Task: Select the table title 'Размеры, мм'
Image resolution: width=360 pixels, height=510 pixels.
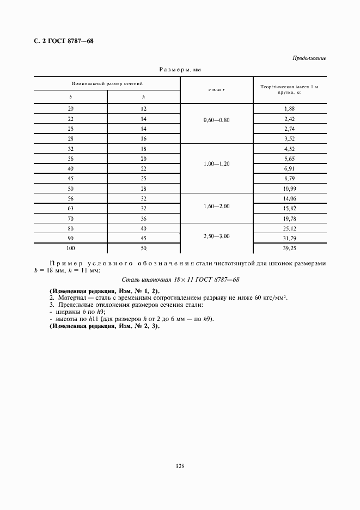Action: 180,70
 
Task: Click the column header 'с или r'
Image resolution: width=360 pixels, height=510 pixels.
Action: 216,89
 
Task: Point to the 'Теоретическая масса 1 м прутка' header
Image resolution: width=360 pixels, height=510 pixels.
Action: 289,89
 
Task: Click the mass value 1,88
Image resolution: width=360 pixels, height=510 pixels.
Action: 289,108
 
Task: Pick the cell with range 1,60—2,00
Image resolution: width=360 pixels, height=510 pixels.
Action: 216,207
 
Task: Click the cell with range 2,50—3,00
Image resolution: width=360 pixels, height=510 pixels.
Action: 216,236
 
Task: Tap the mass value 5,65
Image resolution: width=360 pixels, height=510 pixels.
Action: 289,158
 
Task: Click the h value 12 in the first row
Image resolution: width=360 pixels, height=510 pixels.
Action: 143,108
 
